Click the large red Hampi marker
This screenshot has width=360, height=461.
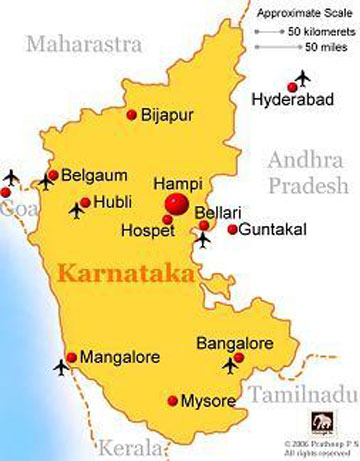tap(177, 204)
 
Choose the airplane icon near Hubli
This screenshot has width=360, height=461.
tap(78, 210)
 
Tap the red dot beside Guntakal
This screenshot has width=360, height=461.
tap(233, 229)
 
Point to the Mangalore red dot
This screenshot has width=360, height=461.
tap(70, 355)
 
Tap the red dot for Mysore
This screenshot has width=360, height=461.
tap(172, 402)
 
